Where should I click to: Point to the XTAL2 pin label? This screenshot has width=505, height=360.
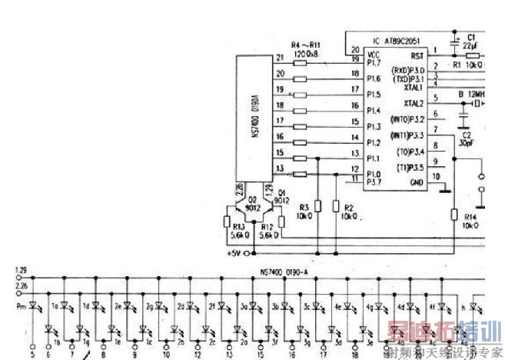tap(414, 103)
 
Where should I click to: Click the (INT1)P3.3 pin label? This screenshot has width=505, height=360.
tap(407, 135)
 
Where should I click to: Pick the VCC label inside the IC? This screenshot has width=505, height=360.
tap(374, 54)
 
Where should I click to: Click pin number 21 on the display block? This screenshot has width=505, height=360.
tap(278, 57)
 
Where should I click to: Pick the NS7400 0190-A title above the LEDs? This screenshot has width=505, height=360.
tap(284, 270)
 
